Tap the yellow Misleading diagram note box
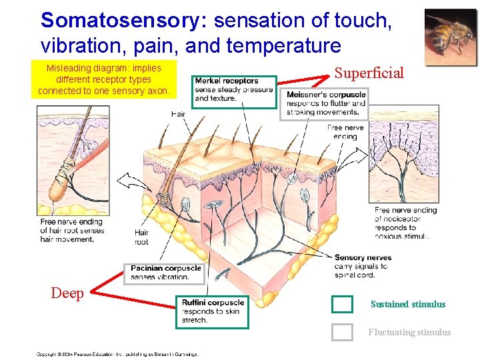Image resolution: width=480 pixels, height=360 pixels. click(x=103, y=79)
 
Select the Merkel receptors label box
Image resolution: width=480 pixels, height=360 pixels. click(x=233, y=90)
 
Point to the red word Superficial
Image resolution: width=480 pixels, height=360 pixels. click(x=369, y=73)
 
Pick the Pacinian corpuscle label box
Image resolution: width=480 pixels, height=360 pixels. click(x=165, y=273)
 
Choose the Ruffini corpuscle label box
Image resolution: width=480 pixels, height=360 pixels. click(x=212, y=311)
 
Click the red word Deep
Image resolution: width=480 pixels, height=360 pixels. click(x=67, y=293)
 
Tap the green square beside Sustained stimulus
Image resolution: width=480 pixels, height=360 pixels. click(x=342, y=304)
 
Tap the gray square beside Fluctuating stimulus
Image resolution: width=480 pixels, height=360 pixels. click(x=342, y=332)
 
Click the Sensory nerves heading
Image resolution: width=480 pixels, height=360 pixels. click(x=363, y=257)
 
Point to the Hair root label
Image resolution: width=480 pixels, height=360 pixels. click(x=141, y=237)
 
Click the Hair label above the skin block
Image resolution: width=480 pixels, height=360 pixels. click(x=178, y=114)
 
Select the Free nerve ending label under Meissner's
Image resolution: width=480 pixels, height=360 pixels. click(x=345, y=132)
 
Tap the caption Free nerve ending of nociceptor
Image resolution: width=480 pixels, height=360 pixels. click(x=405, y=223)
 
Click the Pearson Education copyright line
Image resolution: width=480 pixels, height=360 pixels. click(x=117, y=354)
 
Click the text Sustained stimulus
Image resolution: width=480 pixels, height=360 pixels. click(x=407, y=304)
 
